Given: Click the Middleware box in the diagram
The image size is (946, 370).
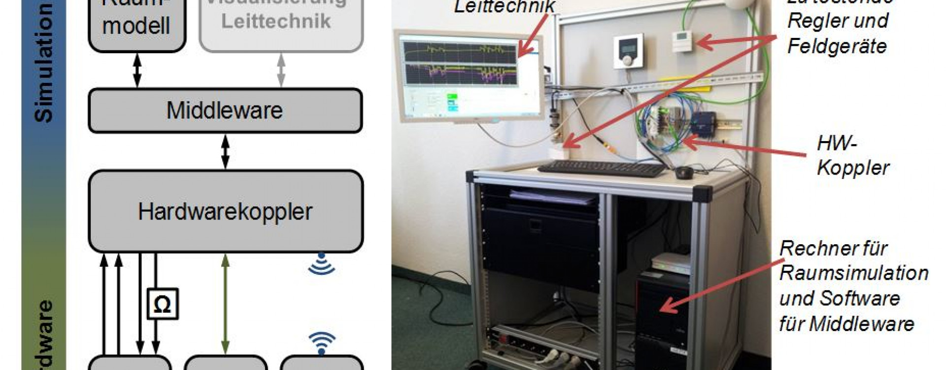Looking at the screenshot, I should (x=225, y=111).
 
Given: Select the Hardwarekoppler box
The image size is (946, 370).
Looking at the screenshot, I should (x=225, y=211).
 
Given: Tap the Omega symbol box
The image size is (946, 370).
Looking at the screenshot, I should (x=163, y=304).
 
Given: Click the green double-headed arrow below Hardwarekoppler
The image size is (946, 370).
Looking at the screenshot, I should (x=225, y=303).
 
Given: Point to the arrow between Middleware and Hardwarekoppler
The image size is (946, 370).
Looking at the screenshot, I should (x=225, y=151).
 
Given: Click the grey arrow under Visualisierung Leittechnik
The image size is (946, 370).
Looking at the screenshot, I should (x=281, y=70).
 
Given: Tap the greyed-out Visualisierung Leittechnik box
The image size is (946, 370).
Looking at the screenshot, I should (x=281, y=22).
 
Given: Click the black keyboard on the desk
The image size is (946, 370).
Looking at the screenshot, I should (x=602, y=169).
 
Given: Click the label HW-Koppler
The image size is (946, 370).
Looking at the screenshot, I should (x=852, y=156).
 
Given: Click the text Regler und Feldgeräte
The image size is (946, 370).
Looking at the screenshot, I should (x=838, y=34).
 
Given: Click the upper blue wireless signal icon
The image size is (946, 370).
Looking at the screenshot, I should (x=321, y=265).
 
